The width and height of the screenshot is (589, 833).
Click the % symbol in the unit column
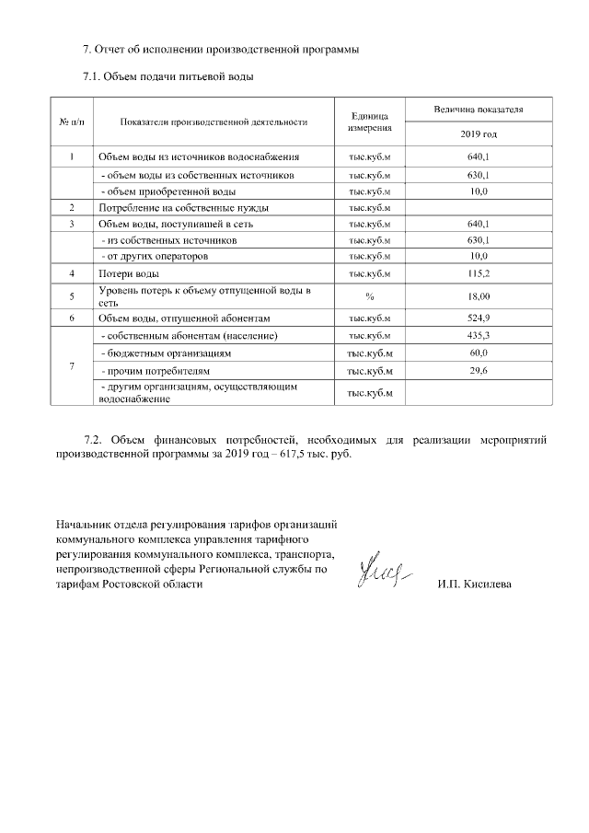[x=369, y=295]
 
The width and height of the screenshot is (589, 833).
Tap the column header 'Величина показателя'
[x=478, y=110]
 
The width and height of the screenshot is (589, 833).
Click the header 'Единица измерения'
[x=369, y=121]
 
